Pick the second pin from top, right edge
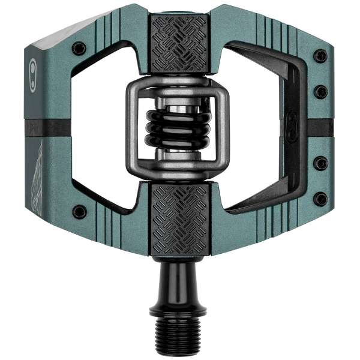tap(322, 91)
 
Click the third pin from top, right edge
tap(322, 162)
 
